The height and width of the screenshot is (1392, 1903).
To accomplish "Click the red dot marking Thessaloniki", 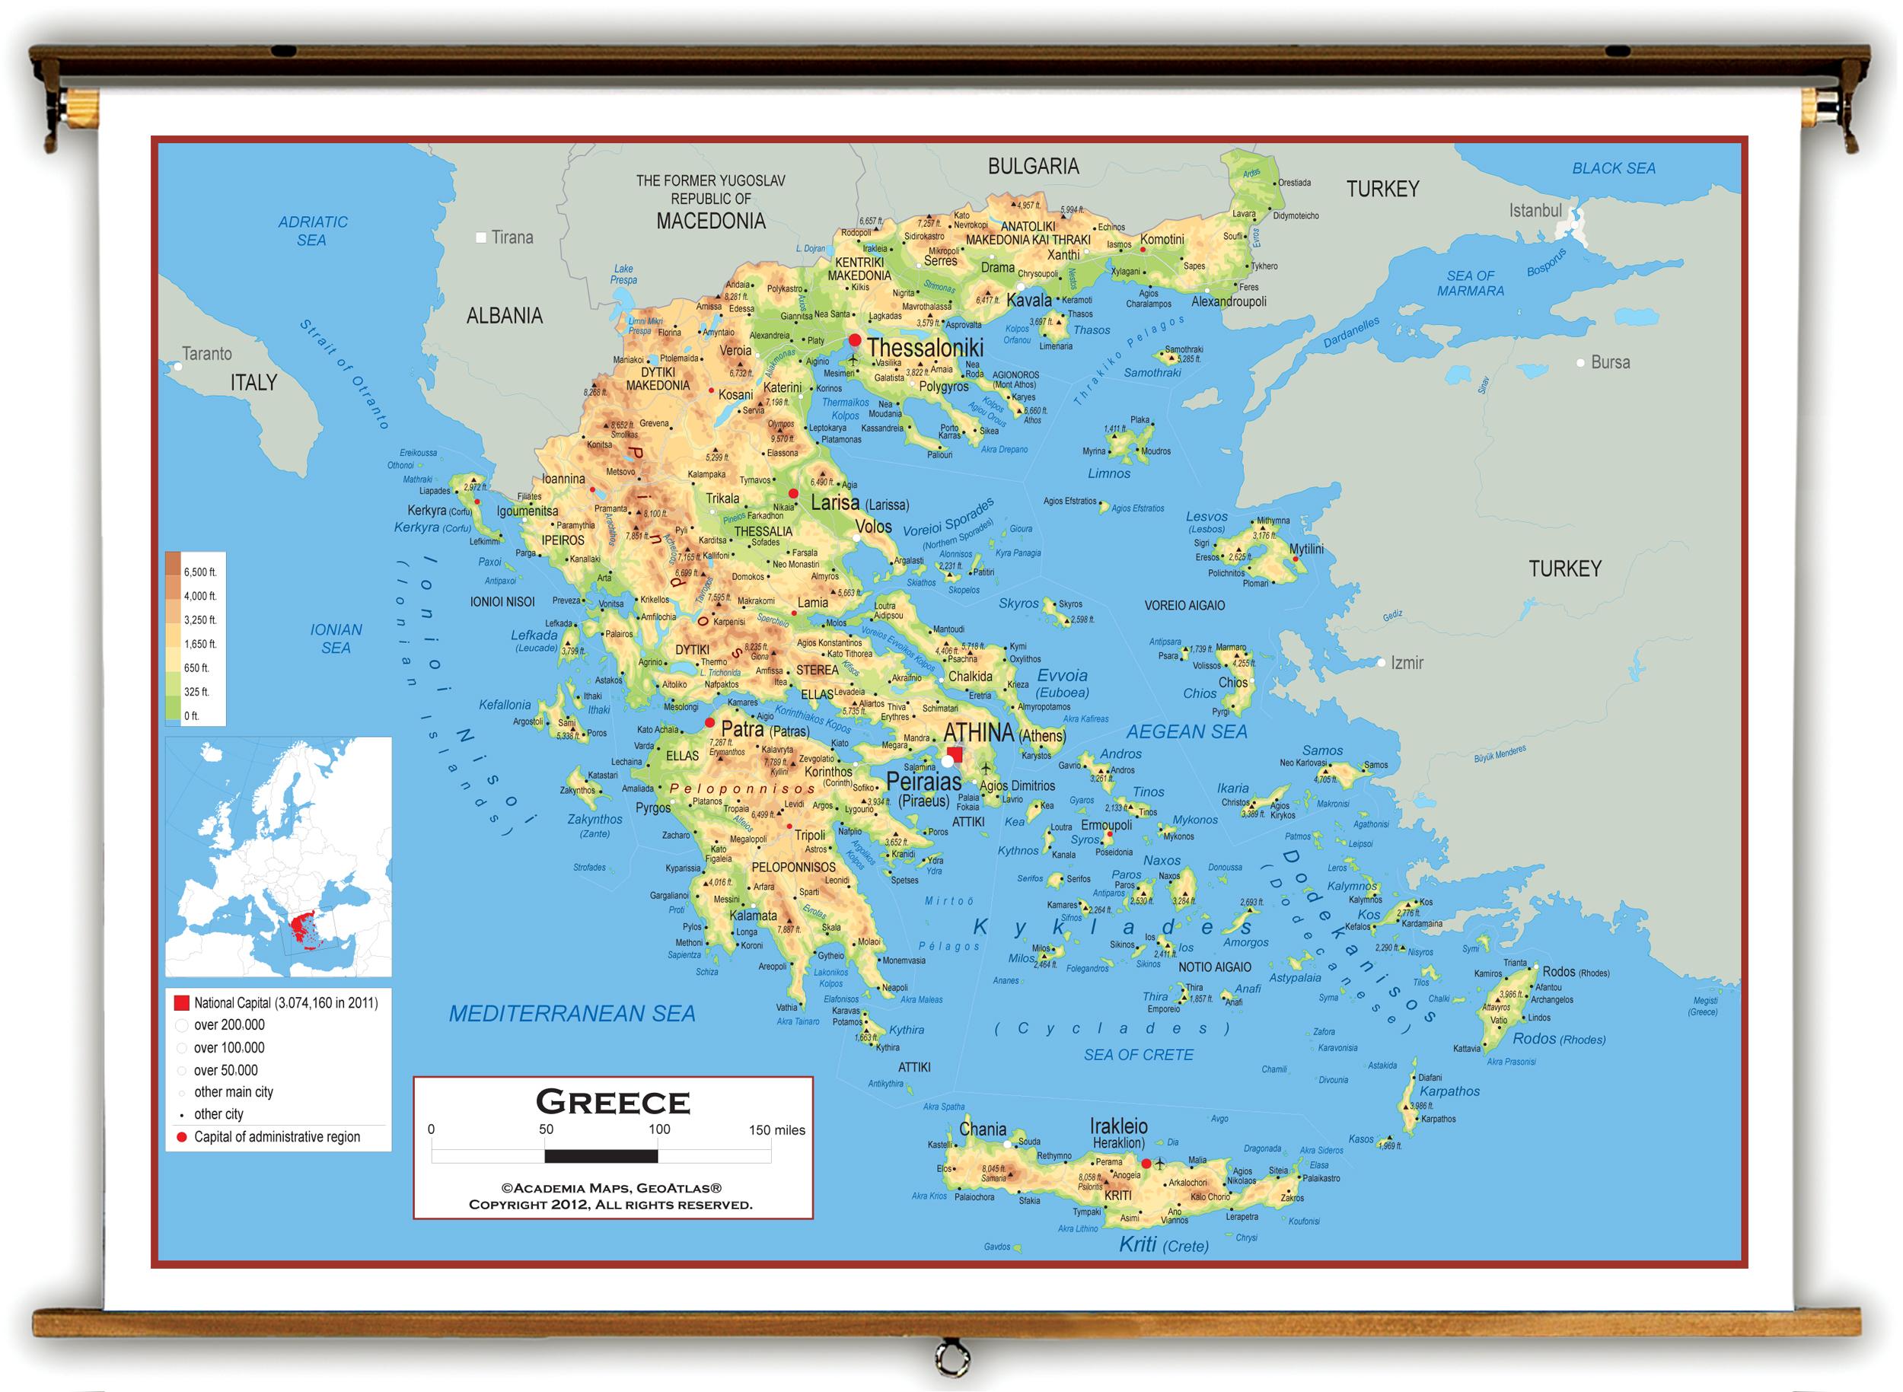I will click(855, 340).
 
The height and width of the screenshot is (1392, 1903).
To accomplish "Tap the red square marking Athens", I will click(955, 754).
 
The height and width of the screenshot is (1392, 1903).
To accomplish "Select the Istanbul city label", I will click(1535, 211).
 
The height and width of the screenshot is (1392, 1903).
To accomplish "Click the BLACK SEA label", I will click(1613, 168).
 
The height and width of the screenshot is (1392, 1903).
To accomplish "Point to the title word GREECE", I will click(613, 1102).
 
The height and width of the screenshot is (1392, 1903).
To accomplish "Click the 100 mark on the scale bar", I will click(659, 1130).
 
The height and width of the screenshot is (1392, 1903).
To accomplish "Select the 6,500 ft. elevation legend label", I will click(201, 572).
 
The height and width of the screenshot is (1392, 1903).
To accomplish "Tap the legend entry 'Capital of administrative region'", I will click(276, 1137).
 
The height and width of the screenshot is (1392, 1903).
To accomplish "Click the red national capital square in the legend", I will click(181, 1003).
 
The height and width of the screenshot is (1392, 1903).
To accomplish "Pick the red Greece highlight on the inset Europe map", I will click(299, 927).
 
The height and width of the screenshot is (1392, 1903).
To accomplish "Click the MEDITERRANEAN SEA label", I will click(572, 1014).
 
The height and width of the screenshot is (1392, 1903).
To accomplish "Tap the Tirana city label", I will click(512, 237).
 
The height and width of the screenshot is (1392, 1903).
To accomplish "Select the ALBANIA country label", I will click(504, 316).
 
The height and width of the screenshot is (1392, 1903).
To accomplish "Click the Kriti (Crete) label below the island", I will click(1163, 1244).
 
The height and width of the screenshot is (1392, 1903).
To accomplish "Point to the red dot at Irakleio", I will click(1146, 1164).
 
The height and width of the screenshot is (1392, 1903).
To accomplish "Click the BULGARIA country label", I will click(1033, 167).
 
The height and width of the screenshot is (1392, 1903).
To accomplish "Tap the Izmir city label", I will click(1407, 663).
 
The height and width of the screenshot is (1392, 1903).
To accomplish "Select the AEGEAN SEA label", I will click(1187, 732).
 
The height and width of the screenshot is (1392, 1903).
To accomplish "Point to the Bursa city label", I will click(1610, 362).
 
